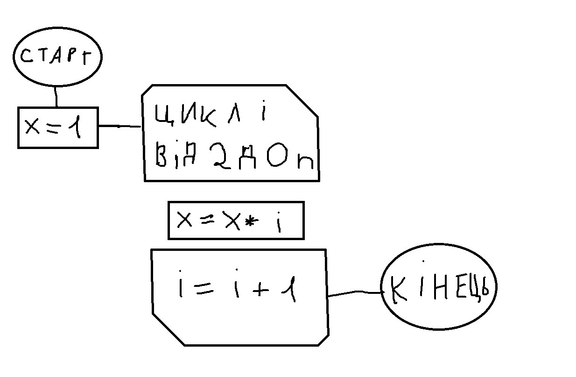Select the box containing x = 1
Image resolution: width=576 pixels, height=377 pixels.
58,128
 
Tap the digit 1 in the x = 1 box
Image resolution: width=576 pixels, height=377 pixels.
75,128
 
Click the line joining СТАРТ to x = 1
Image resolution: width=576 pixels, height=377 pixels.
56,97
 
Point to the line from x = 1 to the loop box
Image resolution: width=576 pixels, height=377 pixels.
119,126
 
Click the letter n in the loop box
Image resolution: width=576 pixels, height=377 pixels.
307,162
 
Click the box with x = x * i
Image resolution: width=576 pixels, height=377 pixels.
236,221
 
